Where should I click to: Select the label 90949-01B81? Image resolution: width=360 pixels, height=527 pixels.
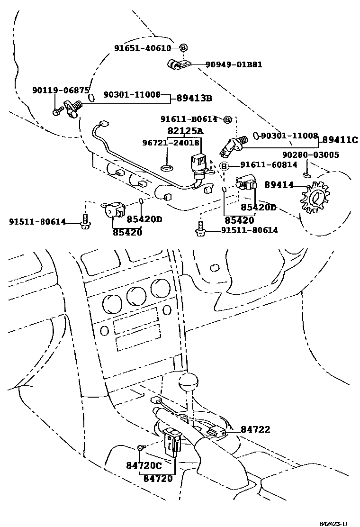coord(234,65)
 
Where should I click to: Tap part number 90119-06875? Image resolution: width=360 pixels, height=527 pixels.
coord(61,90)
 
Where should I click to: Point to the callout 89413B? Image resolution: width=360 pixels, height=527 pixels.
coord(194,99)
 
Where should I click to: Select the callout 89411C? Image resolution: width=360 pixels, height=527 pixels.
coord(340,140)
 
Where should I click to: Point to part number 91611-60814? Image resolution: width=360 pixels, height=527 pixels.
coord(269,165)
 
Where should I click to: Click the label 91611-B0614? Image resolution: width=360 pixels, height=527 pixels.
coord(189,119)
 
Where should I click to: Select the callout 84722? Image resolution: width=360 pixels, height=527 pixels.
coord(255,429)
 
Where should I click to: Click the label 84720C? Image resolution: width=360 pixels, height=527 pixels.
coord(144,466)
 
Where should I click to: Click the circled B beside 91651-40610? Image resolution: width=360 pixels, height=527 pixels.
coord(184,48)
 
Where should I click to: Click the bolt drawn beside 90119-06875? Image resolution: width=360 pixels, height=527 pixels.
coord(56,112)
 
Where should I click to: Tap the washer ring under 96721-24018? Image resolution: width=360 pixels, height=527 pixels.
coord(167,168)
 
